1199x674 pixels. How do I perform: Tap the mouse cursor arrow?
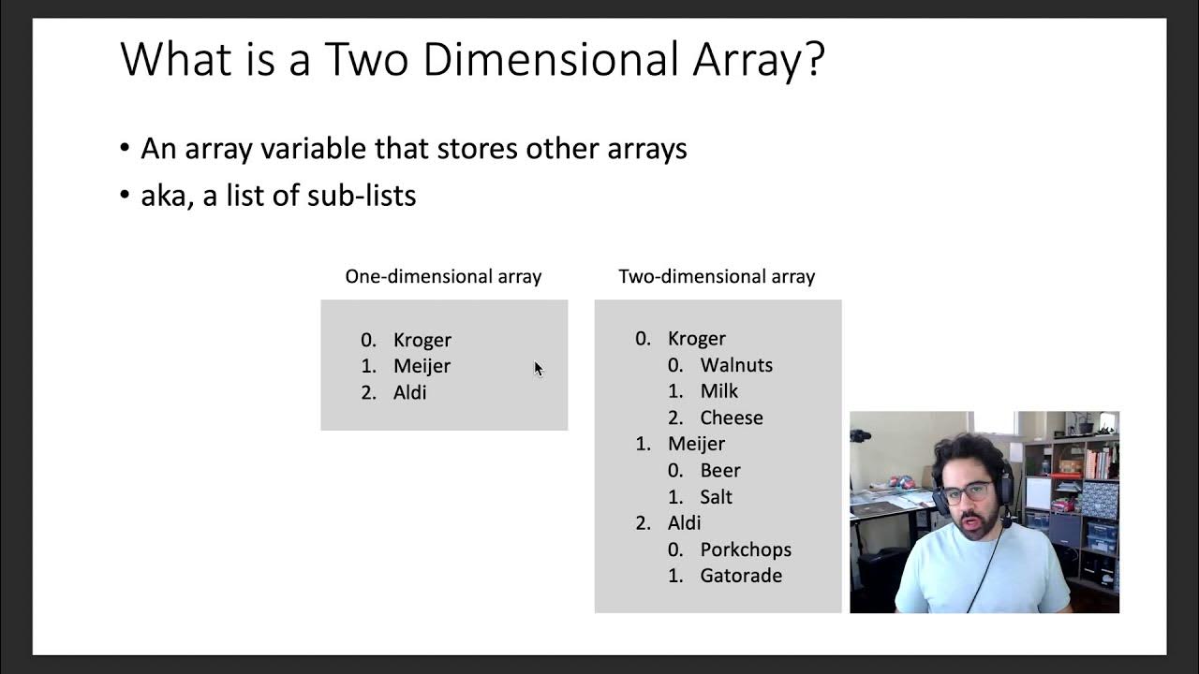pyautogui.click(x=539, y=368)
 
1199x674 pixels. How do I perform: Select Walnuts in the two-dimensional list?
pyautogui.click(x=736, y=365)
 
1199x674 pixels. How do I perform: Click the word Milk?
pyautogui.click(x=719, y=391)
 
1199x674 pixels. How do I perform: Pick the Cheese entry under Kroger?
pyautogui.click(x=732, y=418)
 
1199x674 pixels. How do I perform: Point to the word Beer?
pyautogui.click(x=720, y=470)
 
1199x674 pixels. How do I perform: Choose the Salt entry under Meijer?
pyautogui.click(x=717, y=496)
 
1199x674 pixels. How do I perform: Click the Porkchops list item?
pyautogui.click(x=746, y=549)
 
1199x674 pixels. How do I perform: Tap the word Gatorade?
pyautogui.click(x=741, y=576)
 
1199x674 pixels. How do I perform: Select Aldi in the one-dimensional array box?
pyautogui.click(x=410, y=392)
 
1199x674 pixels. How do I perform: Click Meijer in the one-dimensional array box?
pyautogui.click(x=422, y=366)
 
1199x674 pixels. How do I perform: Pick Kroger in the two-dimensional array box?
pyautogui.click(x=697, y=339)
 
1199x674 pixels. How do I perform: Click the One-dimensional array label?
pyautogui.click(x=443, y=276)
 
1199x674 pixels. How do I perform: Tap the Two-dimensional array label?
pyautogui.click(x=717, y=276)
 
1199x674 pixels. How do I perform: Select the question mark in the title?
pyautogui.click(x=813, y=59)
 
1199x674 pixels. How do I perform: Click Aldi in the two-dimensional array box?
pyautogui.click(x=685, y=522)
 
